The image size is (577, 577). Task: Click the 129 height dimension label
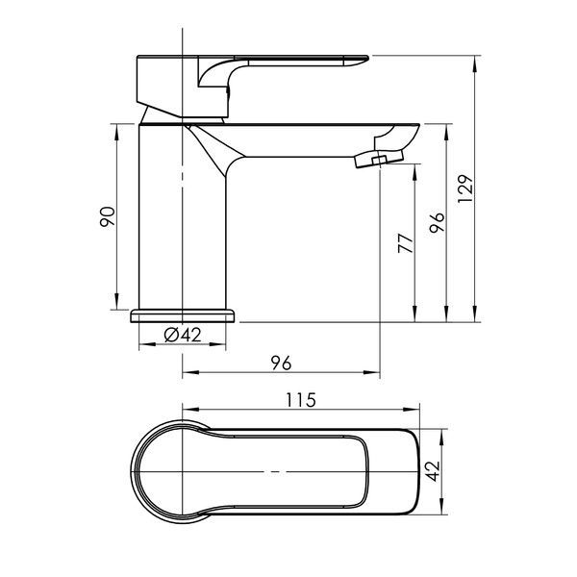[465, 188]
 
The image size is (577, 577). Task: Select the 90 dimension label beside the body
[108, 217]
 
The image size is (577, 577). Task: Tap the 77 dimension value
[406, 243]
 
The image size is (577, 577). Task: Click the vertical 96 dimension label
[438, 222]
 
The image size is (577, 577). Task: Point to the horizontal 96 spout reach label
[282, 363]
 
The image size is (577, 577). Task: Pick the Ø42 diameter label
[183, 335]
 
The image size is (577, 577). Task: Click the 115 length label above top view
[301, 400]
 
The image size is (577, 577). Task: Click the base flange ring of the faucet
[183, 315]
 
